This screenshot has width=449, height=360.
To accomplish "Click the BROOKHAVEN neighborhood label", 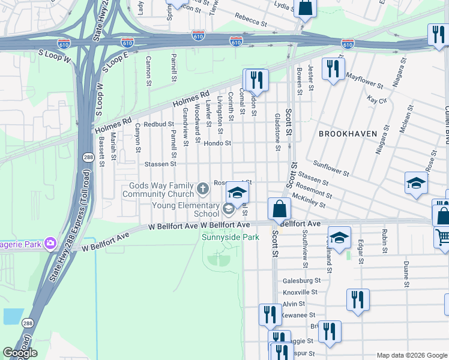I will [348, 134].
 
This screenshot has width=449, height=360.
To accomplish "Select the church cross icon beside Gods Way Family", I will [203, 190].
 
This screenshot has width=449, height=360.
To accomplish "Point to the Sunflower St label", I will [332, 168].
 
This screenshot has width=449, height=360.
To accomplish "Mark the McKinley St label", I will [308, 201].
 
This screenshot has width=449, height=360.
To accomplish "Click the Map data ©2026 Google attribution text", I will [412, 355].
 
